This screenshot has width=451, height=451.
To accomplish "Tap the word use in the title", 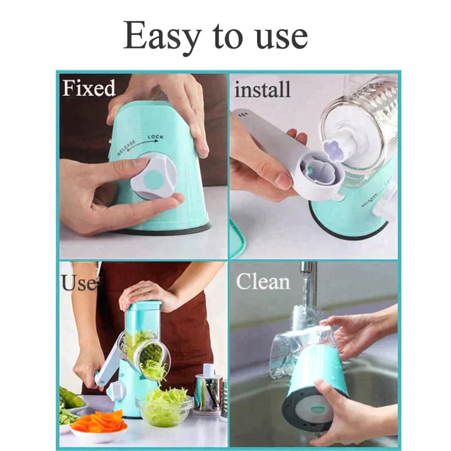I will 278,37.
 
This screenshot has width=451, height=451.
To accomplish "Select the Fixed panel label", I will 89,88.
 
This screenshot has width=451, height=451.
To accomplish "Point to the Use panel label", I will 78,282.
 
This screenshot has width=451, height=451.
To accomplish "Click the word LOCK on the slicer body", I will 156,137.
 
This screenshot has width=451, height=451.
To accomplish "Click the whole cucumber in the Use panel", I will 71,397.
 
